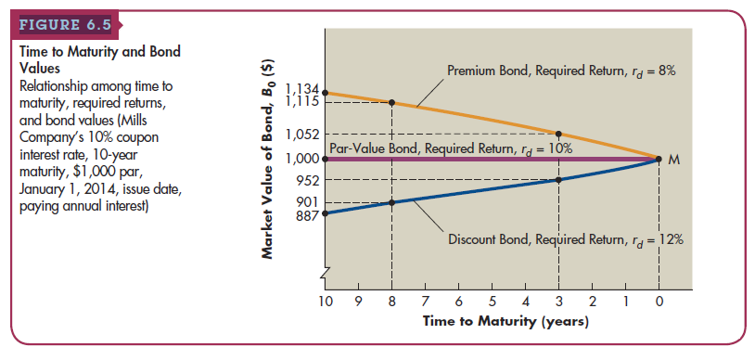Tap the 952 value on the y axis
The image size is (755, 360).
pyautogui.click(x=309, y=180)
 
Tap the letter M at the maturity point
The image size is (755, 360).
pyautogui.click(x=674, y=160)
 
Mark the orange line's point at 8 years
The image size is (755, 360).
pyautogui.click(x=391, y=102)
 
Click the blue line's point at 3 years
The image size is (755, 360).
pyautogui.click(x=558, y=179)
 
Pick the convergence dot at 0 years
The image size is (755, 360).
pyautogui.click(x=659, y=159)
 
